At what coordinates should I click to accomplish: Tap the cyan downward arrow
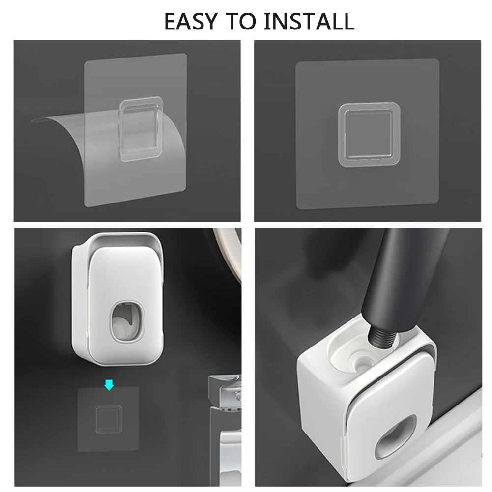point(109,385)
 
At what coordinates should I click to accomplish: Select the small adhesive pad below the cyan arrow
point(108,419)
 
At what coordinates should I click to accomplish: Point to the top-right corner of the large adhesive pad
point(438,59)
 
